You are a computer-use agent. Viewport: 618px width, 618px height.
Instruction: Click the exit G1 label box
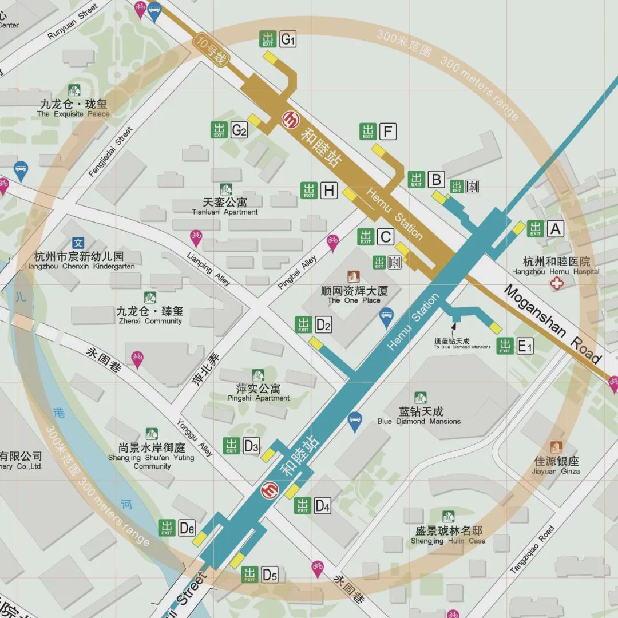pos(288,39)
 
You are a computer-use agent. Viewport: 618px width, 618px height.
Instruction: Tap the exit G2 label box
pos(239,130)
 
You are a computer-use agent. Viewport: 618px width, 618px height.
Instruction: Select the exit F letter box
pos(387,132)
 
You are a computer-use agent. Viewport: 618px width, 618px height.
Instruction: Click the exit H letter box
pos(328,191)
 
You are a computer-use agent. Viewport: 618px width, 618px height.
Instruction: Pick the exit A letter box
pos(555,229)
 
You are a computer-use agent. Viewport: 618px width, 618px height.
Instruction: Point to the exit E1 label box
pos(525,346)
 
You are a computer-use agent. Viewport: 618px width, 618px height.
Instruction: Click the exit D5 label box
pos(270,575)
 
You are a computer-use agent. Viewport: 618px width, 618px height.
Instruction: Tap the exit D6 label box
pos(187,528)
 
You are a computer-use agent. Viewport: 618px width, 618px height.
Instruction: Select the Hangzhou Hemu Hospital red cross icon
pos(556,283)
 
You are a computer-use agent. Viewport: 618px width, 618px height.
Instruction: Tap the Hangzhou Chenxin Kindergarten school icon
pos(78,243)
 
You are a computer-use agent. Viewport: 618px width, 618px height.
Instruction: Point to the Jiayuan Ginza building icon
pos(556,447)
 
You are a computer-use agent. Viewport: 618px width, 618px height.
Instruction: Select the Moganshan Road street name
pos(552,324)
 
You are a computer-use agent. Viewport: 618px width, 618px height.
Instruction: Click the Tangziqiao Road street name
pos(532,549)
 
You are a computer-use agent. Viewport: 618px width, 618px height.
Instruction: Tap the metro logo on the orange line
pos(291,119)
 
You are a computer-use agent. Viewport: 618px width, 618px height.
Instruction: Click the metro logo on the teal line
pos(270,490)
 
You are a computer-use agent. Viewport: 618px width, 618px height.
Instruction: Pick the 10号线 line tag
pos(211,50)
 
